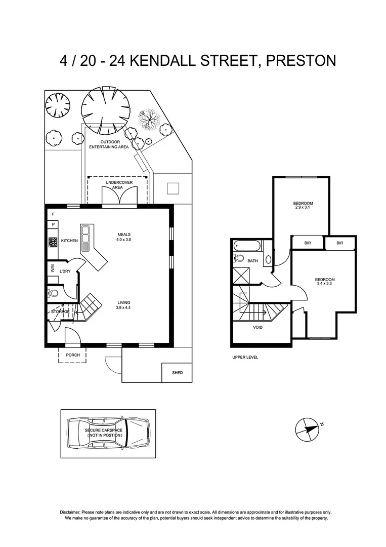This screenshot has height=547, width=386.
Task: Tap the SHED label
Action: (177, 373)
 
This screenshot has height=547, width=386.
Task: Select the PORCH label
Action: (73, 355)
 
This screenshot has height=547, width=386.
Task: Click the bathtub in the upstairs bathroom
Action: (247, 247)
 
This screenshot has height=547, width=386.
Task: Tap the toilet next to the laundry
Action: (53, 292)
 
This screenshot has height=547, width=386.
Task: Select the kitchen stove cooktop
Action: (52, 242)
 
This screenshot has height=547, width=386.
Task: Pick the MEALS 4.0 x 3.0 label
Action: (124, 237)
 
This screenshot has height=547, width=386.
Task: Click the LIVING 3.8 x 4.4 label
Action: (123, 305)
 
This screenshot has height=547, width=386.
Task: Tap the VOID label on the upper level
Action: (258, 327)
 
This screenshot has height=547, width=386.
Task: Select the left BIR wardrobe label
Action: (307, 243)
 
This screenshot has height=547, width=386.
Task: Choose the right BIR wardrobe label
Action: (339, 243)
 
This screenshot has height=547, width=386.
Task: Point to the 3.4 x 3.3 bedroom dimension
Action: (324, 284)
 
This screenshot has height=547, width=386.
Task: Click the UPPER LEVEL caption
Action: (245, 357)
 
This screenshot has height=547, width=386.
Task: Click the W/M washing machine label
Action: (52, 269)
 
